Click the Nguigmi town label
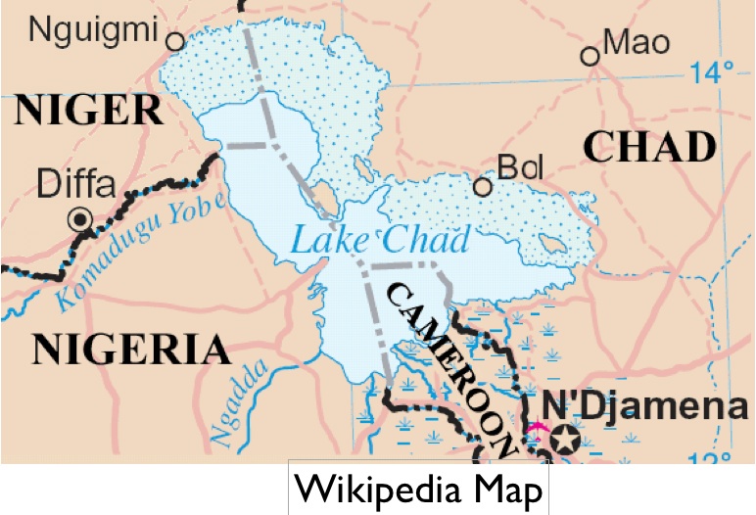(94, 31)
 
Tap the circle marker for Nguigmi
(175, 41)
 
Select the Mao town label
(638, 42)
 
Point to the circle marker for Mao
(590, 57)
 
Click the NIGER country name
(87, 111)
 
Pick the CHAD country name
(649, 147)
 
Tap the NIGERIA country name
(131, 350)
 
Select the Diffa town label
(76, 183)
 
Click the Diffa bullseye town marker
(79, 220)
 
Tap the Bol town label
(520, 168)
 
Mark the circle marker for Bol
(482, 186)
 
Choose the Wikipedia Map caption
(418, 490)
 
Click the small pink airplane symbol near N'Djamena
(535, 428)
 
